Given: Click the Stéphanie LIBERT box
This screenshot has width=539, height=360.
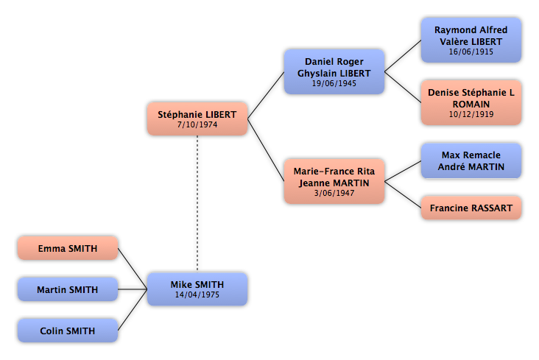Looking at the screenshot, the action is tap(197, 119).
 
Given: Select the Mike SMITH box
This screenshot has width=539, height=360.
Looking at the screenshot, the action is tap(197, 289).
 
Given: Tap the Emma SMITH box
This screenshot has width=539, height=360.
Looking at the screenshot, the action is tap(68, 248).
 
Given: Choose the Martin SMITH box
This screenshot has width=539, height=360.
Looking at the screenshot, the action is tap(68, 289).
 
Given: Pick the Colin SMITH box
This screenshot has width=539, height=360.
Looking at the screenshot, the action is tap(68, 331).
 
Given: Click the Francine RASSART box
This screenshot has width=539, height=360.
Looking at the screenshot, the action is tap(471, 208).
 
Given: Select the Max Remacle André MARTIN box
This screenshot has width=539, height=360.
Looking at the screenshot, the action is tap(471, 160).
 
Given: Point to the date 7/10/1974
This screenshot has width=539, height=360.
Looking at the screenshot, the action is tap(197, 125).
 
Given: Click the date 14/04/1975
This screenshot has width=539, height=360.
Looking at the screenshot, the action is tap(197, 294).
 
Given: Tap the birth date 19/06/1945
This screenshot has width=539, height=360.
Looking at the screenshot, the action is tap(334, 83).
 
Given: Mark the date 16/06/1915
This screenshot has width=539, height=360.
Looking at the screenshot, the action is tap(471, 52).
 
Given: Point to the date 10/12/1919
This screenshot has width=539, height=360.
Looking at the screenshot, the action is tap(471, 115).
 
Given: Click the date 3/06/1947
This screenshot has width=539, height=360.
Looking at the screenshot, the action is tap(334, 193).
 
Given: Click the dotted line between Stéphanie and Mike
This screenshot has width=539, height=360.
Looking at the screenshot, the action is tap(197, 203).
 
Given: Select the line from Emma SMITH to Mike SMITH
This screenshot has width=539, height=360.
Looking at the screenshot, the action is tap(133, 269).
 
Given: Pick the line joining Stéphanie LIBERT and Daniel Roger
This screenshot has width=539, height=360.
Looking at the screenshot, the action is tap(266, 95).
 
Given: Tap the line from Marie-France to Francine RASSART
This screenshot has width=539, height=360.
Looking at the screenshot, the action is tap(403, 194).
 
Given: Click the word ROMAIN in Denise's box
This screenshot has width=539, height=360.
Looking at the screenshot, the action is tap(471, 105).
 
